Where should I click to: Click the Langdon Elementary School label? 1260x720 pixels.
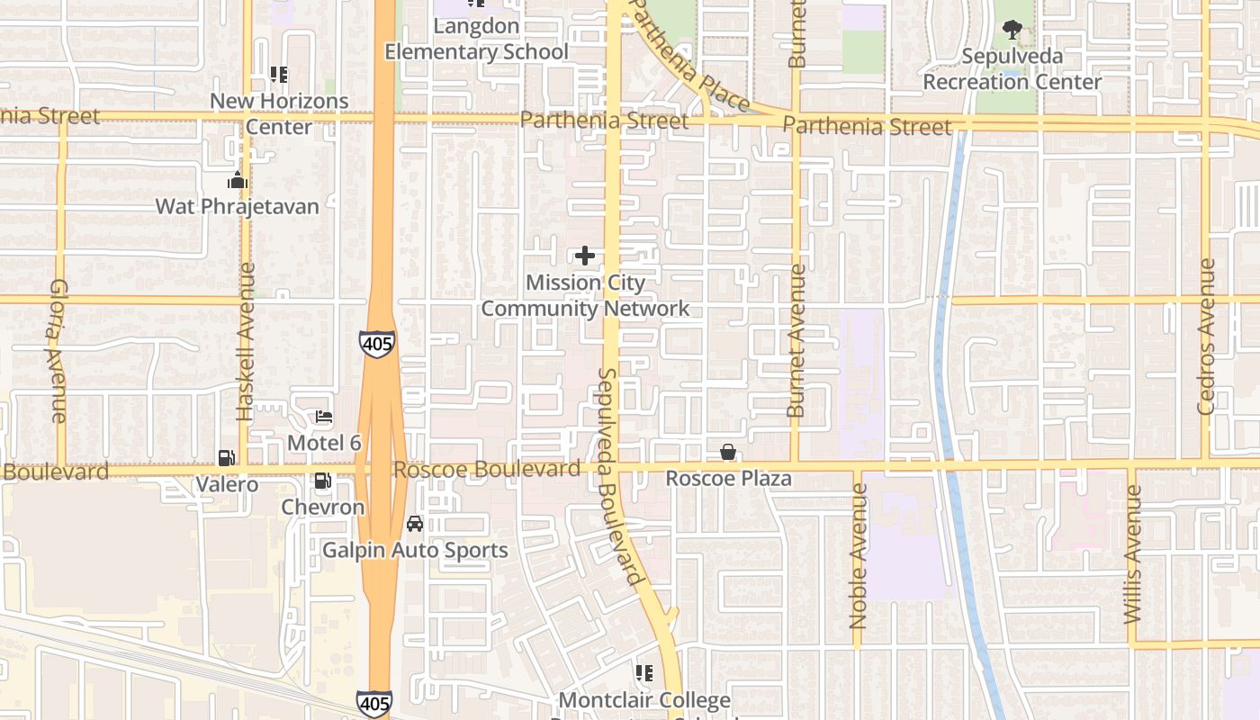coord(476,39)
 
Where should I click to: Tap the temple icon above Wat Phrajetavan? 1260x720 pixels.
coord(237,181)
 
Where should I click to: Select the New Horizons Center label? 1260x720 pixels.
coord(279,113)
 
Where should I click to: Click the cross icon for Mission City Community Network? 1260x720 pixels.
coord(585,256)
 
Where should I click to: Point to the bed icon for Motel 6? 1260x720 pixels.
coord(324,418)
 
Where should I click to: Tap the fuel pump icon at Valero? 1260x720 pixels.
coord(227,458)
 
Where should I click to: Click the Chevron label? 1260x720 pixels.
coord(323,507)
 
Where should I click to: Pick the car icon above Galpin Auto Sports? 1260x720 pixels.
coord(415,523)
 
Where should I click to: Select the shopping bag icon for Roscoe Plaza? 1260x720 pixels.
coord(727,452)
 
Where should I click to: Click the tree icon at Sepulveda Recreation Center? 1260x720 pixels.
coord(1012,30)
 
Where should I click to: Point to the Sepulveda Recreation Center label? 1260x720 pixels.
coord(1012,69)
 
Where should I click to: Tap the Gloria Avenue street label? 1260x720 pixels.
coord(58,350)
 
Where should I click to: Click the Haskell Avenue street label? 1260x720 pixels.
coord(246,342)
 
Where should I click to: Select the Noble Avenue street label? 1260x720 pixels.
coord(858,556)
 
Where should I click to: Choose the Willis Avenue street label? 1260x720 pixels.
coord(1133,554)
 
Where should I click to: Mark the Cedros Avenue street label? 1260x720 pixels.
coord(1206,337)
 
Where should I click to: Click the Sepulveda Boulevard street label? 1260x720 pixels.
coord(619,476)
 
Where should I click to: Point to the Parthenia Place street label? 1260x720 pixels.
coord(688,54)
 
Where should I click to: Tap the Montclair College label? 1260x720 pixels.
coord(644,700)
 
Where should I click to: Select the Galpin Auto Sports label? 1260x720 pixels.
coord(415,550)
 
